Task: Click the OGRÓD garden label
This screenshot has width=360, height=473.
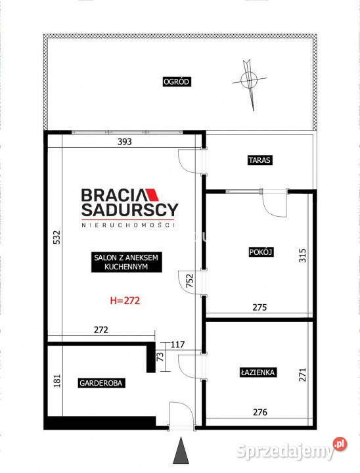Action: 177,81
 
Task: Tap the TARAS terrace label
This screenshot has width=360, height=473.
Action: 259,160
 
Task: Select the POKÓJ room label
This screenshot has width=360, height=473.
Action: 261,252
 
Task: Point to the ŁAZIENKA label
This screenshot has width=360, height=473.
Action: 258,372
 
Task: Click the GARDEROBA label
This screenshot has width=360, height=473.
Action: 101,383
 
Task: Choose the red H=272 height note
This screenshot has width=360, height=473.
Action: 125,300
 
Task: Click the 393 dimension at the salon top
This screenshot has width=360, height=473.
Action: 125,141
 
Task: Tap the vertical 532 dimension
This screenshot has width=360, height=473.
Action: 56,237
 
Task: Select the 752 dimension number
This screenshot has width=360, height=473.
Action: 189,281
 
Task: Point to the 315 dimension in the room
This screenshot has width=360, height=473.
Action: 303,255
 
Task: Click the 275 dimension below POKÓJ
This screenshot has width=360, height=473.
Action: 259,307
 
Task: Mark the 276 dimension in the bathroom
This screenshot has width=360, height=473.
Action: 260,412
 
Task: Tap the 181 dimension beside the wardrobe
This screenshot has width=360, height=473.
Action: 57,380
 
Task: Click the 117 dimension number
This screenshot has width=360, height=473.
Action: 177,344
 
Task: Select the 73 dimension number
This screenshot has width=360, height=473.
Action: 160,357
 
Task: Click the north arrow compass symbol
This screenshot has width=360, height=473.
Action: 249,81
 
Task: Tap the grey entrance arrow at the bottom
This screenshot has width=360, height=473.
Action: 181,450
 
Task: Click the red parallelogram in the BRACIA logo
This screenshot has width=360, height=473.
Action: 152,195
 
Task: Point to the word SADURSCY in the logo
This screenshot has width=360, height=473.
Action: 130,210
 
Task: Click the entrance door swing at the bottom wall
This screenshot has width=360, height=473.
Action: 182,414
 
